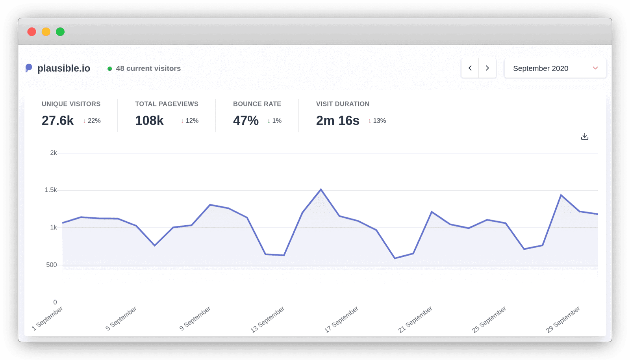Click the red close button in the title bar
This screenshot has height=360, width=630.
coord(32,32)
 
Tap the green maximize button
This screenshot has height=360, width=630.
coord(60,32)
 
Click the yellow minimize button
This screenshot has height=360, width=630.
coord(46,32)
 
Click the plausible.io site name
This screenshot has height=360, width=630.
coord(63,69)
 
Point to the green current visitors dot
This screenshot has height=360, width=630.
coord(109,69)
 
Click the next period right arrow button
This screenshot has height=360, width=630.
coord(487,68)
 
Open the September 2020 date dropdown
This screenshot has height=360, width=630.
coord(555,68)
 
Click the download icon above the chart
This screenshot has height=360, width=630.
coord(585,137)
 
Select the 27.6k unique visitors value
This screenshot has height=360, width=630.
coord(57,121)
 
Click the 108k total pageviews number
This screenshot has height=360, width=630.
coord(149,121)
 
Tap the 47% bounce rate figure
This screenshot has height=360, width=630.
coord(246,121)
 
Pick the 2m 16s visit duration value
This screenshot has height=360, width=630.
coord(337,121)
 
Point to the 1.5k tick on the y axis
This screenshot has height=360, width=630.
coord(51,190)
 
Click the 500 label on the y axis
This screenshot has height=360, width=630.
coord(52,265)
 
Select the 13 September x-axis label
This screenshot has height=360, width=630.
coord(268,319)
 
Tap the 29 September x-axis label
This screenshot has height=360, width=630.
coord(563,319)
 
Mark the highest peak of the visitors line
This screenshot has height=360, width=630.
coord(321,189)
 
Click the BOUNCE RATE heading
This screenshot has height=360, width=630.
coord(257,104)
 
